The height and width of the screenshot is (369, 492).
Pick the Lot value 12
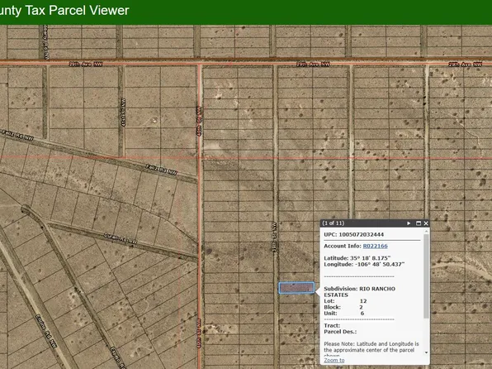click(x=363, y=302)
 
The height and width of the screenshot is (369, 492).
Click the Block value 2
click(x=362, y=309)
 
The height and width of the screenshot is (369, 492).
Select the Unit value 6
click(x=362, y=315)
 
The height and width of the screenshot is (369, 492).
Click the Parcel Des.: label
click(x=339, y=333)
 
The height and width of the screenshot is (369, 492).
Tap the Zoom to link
click(x=334, y=360)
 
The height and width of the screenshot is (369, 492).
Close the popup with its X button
click(x=427, y=223)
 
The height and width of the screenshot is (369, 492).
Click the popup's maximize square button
click(x=419, y=223)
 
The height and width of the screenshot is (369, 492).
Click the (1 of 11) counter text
click(x=335, y=223)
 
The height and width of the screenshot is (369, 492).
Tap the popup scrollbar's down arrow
click(x=426, y=352)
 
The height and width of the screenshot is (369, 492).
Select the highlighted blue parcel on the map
click(x=296, y=288)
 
